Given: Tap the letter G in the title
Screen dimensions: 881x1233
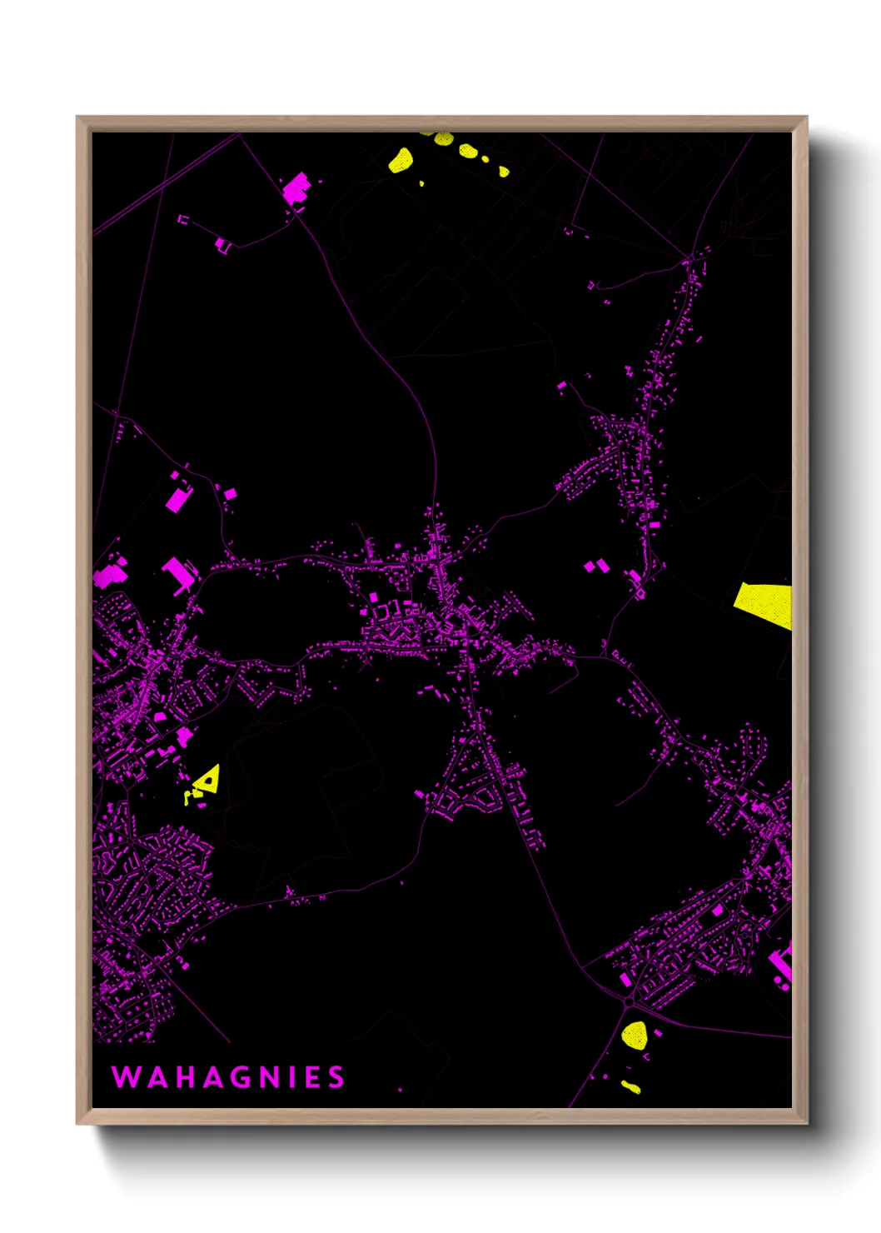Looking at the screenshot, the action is pyautogui.click(x=237, y=1077).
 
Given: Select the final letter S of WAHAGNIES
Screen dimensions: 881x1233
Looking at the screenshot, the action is pyautogui.click(x=336, y=1077).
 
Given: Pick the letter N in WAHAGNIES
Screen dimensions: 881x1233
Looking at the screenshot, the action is pyautogui.click(x=267, y=1077).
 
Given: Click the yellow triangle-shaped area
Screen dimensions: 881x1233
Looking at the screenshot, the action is pyautogui.click(x=207, y=779).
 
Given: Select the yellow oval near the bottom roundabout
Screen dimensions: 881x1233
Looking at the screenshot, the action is pyautogui.click(x=635, y=1035).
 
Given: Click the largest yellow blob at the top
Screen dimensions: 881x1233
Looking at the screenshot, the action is pyautogui.click(x=401, y=159).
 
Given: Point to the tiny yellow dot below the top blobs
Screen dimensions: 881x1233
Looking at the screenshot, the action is pyautogui.click(x=421, y=183).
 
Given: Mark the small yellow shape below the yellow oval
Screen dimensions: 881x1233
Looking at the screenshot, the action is pyautogui.click(x=630, y=1086).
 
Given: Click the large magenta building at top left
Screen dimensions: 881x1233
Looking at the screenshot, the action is pyautogui.click(x=296, y=189).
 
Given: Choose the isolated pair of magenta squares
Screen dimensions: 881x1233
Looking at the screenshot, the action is pyautogui.click(x=596, y=567).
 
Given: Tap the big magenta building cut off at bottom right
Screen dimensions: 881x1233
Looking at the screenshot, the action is pyautogui.click(x=782, y=965).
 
